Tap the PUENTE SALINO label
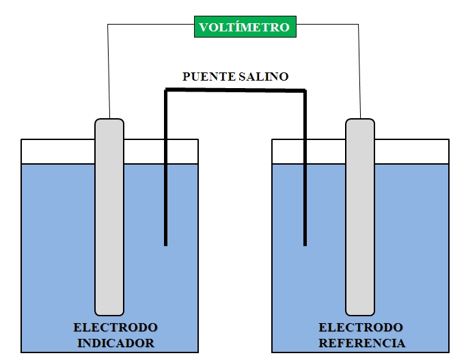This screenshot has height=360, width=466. [235, 77]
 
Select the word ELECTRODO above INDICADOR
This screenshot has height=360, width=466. [115, 327]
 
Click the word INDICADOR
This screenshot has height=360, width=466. [115, 342]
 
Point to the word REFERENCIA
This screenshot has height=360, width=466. [361, 342]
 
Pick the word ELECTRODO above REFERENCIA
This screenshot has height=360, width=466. [361, 327]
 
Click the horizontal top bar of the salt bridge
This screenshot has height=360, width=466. [235, 89]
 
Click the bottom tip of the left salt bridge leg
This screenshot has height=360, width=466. [165, 243]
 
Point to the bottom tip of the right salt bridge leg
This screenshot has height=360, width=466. [305, 243]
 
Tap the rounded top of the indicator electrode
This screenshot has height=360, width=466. [109, 123]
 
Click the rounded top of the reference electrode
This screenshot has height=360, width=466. [360, 123]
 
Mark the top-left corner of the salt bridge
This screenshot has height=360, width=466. [166, 89]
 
